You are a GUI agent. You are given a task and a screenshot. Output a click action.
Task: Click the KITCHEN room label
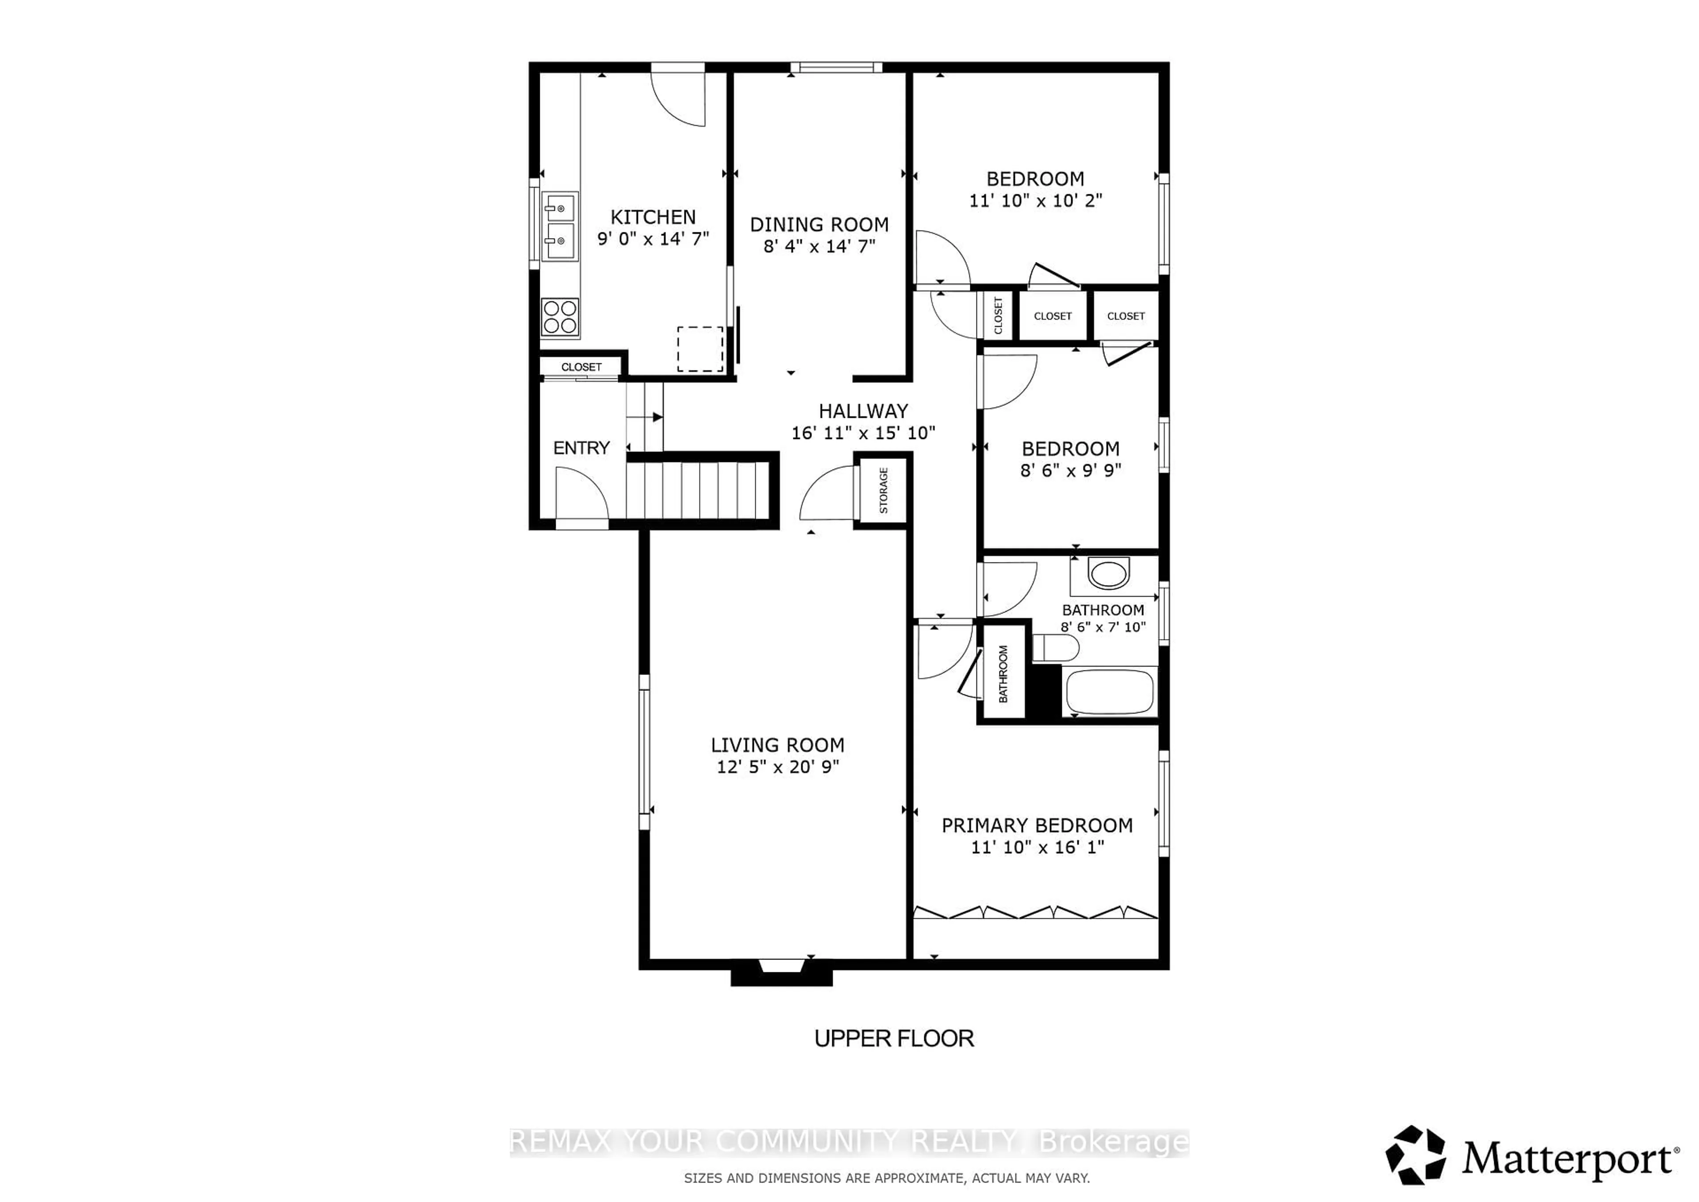pos(653,217)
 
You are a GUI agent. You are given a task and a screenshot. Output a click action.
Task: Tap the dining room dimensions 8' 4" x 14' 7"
pos(819,246)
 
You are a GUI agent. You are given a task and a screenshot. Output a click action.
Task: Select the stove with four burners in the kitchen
pos(559,317)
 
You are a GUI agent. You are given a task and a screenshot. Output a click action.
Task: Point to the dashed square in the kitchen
pos(700,349)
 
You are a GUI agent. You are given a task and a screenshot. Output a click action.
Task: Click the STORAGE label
pos(883,490)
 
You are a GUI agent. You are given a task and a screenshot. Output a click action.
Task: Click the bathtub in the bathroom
pos(1108,690)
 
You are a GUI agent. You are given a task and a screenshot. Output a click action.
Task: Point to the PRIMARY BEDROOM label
pos(1037,825)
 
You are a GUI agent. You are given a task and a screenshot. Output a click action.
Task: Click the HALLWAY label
pos(863,411)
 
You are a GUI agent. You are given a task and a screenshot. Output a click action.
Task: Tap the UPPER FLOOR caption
pos(894,1038)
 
